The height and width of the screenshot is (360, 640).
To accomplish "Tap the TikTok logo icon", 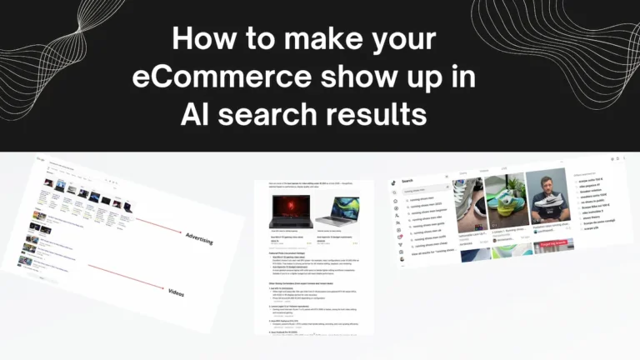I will point(393,181).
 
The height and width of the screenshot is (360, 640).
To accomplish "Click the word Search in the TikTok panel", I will point(407,181).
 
